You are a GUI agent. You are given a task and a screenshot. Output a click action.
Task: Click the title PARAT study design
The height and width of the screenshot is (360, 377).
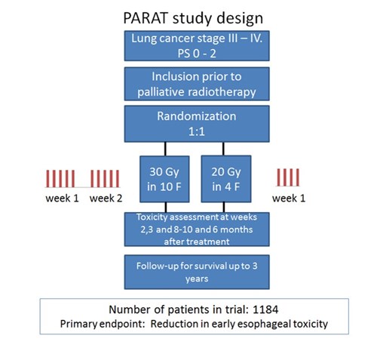pyautogui.click(x=193, y=18)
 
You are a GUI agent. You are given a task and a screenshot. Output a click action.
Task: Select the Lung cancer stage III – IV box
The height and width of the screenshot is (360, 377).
pyautogui.click(x=197, y=46)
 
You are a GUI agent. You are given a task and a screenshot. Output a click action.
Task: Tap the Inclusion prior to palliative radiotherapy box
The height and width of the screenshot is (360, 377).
pyautogui.click(x=197, y=84)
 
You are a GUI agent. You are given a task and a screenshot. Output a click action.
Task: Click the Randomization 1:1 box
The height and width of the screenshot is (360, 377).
pyautogui.click(x=197, y=124)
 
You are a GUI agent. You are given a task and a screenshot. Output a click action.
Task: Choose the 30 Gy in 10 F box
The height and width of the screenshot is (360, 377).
pyautogui.click(x=164, y=179)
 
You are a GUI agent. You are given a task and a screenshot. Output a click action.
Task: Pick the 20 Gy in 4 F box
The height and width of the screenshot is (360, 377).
pyautogui.click(x=226, y=179)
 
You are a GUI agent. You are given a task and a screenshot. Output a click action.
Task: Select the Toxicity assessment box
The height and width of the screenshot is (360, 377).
pyautogui.click(x=197, y=229)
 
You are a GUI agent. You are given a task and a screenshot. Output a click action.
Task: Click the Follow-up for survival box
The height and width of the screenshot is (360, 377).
pyautogui.click(x=197, y=272)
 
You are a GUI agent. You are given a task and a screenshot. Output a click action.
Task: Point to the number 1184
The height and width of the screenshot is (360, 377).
pyautogui.click(x=265, y=309)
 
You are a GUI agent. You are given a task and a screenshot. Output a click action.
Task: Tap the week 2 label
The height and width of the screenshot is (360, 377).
pyautogui.click(x=106, y=198)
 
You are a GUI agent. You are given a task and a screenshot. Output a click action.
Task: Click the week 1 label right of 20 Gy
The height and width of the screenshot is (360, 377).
pyautogui.click(x=289, y=198)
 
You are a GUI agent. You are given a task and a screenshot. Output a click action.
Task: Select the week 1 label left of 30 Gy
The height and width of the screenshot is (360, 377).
pyautogui.click(x=62, y=198)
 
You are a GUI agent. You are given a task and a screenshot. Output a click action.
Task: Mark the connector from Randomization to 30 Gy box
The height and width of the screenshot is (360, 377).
pyautogui.click(x=165, y=149)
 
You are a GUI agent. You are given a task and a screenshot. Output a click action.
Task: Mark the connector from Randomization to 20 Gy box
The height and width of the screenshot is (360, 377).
pyautogui.click(x=223, y=149)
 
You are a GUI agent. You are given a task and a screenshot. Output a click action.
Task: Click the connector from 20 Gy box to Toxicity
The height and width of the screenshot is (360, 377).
pyautogui.click(x=224, y=208)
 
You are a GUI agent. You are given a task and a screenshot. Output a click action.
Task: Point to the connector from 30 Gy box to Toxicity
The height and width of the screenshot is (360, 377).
pyautogui.click(x=166, y=208)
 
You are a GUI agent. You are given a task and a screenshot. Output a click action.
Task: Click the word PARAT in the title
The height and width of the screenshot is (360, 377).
pyautogui.click(x=146, y=18)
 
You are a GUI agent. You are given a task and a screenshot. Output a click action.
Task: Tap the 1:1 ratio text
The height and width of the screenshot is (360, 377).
pyautogui.click(x=197, y=131)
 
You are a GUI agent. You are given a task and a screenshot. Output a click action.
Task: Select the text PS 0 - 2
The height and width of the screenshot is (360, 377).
pyautogui.click(x=197, y=54)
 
